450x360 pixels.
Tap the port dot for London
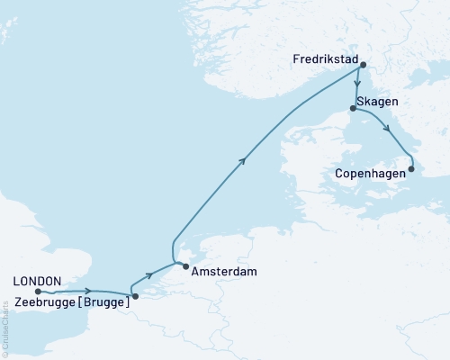[x=38, y=291]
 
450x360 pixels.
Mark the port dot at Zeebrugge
[x=135, y=296]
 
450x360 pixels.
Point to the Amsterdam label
[x=221, y=270]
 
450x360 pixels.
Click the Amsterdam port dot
[x=184, y=266]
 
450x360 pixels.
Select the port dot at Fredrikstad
[x=362, y=65]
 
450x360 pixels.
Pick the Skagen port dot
[x=353, y=108]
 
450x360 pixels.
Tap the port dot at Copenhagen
[x=411, y=168]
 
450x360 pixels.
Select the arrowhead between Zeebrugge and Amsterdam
[x=148, y=275]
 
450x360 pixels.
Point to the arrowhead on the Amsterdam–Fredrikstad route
[x=243, y=160]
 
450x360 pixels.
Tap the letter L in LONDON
[x=15, y=279]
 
